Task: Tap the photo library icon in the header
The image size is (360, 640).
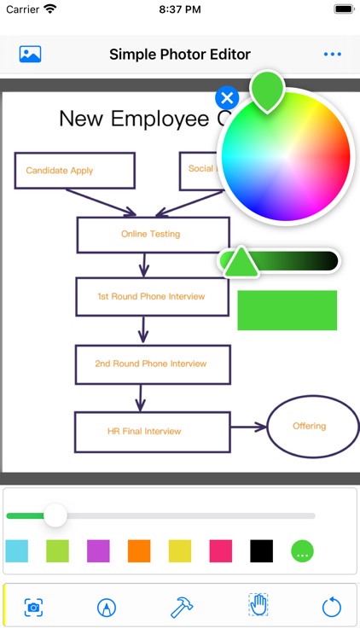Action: (31, 55)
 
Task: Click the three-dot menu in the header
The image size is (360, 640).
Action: (332, 55)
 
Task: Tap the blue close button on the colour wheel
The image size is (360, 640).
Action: (226, 96)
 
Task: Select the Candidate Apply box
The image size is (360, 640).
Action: (75, 171)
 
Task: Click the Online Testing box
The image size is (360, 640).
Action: (153, 235)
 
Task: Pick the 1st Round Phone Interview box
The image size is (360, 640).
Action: (152, 297)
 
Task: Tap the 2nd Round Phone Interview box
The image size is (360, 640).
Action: (153, 364)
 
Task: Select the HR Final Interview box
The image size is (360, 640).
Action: (152, 432)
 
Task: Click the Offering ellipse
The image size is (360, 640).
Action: (310, 426)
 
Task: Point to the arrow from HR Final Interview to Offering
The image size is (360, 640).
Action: (249, 427)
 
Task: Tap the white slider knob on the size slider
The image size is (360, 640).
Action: (55, 515)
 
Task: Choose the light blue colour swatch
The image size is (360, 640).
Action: (17, 550)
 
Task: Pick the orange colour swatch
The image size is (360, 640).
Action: (139, 550)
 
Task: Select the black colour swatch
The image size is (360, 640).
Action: (261, 550)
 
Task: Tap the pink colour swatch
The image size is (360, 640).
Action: (221, 550)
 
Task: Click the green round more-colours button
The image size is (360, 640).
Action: (302, 551)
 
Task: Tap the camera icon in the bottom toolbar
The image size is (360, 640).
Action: (33, 608)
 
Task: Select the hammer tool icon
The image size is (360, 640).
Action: (182, 607)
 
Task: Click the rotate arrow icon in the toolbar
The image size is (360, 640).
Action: (332, 608)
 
